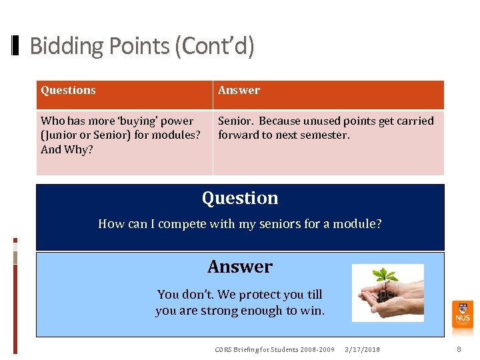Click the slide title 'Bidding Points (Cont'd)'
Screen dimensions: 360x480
point(142,46)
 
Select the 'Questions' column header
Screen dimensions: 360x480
point(68,91)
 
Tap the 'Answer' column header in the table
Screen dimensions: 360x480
point(239,91)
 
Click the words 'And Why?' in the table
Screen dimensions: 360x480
point(67,149)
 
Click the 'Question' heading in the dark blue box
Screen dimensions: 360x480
point(240,198)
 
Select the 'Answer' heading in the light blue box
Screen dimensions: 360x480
point(240,267)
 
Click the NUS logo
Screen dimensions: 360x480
point(462,313)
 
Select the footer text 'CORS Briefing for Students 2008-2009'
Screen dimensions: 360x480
point(275,350)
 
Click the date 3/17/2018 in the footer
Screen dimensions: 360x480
point(362,350)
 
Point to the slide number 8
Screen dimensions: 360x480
point(459,349)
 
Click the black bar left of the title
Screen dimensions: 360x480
point(16,46)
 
